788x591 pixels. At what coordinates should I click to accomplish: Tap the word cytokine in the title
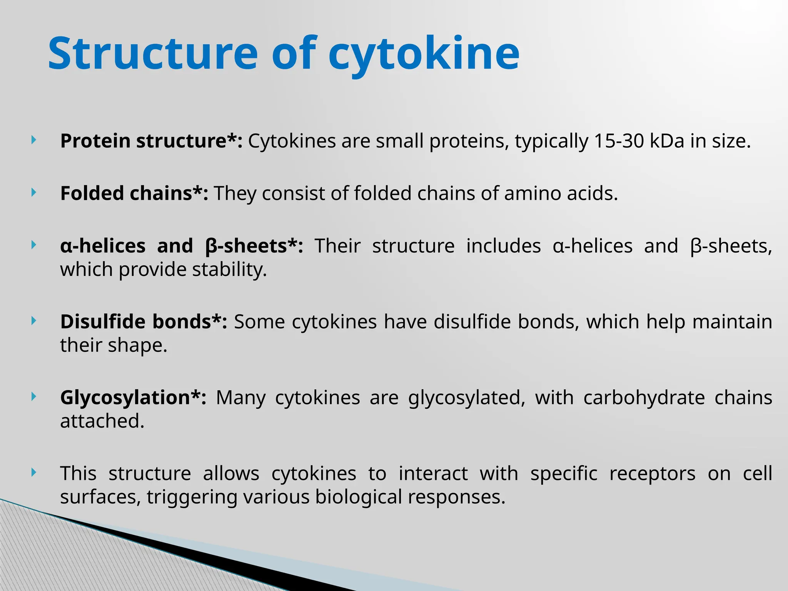tap(424, 54)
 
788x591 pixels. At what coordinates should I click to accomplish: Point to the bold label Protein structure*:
tap(151, 141)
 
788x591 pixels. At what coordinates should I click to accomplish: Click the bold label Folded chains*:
tap(134, 193)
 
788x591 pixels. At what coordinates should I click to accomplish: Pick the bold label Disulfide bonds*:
tap(144, 321)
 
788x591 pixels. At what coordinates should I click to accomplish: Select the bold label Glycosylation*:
tap(133, 397)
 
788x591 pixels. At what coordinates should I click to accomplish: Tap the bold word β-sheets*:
tap(254, 246)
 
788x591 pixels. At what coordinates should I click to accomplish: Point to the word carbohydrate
tap(644, 397)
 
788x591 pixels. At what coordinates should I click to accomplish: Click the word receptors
tap(652, 473)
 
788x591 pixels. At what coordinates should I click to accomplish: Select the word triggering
tap(192, 497)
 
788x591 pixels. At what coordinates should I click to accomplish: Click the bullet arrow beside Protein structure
tap(34, 140)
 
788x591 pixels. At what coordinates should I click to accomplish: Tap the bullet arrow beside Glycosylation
tap(34, 396)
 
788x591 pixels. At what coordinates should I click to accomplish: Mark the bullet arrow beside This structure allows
tap(34, 472)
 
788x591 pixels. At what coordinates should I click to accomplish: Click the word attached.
tap(102, 421)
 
